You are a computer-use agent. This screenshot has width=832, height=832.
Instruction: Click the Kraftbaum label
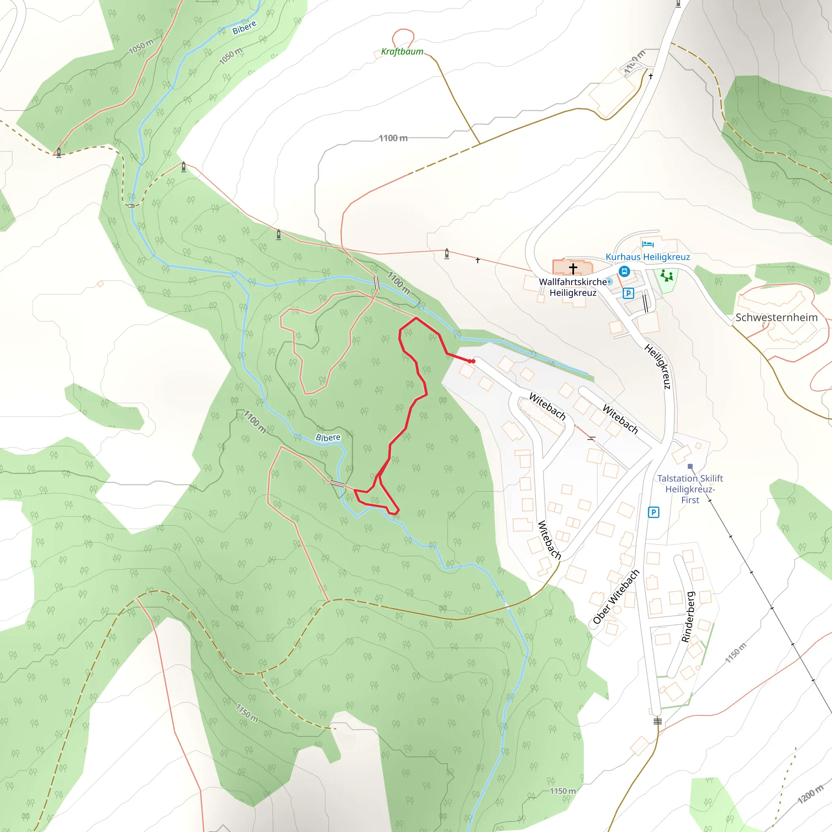402,52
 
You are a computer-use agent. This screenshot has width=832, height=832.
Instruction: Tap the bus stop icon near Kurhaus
624,271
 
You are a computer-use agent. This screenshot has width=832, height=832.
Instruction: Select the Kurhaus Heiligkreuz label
647,257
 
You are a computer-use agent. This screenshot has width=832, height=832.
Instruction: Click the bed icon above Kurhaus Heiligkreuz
648,244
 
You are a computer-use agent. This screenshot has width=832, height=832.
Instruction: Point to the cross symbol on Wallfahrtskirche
573,269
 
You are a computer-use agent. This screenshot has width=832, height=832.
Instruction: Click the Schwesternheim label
776,317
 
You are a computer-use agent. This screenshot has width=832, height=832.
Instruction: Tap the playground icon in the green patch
667,275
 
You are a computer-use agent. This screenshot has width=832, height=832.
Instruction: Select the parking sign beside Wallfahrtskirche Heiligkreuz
628,293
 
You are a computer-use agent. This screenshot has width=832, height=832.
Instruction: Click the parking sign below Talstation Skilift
653,512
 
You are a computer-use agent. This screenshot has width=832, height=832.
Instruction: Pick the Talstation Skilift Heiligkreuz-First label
690,489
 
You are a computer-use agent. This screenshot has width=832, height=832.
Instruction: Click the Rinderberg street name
688,617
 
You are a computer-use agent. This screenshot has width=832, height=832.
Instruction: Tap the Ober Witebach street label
616,597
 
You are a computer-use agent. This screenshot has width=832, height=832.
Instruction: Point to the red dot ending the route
473,361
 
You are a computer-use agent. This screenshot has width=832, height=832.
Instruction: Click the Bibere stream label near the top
244,28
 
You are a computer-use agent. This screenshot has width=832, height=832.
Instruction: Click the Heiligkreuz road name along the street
658,366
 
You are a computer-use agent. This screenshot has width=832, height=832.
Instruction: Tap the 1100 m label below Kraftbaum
393,138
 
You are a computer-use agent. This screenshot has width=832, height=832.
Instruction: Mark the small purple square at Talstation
690,466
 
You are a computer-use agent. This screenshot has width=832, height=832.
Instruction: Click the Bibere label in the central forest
328,438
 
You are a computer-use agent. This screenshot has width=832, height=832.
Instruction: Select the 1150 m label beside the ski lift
736,653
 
